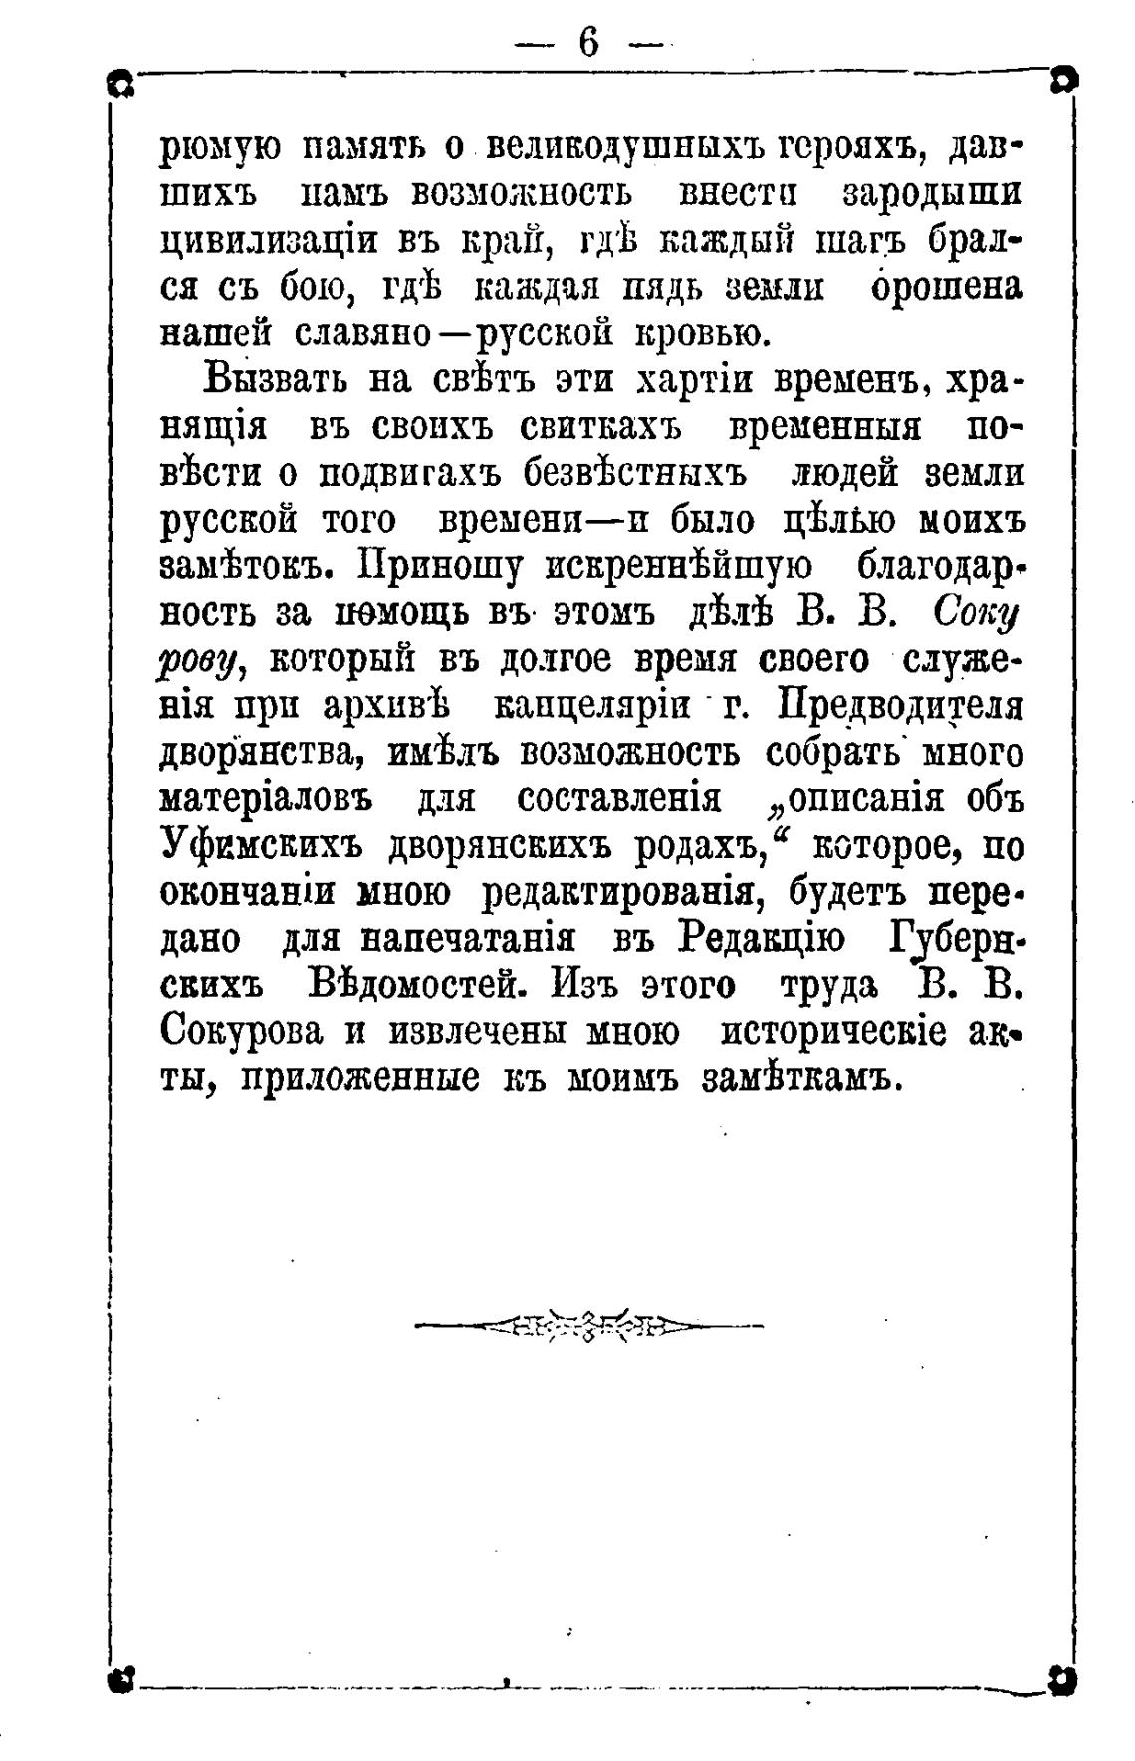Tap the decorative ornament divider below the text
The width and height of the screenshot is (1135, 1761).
tap(588, 1325)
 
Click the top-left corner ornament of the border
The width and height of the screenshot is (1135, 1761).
tap(121, 85)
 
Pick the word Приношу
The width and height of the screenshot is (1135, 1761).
tap(440, 566)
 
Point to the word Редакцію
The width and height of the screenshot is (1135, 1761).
tap(762, 940)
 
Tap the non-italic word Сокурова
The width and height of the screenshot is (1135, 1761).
tap(242, 1032)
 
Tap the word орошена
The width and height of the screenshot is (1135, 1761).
tap(946, 288)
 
